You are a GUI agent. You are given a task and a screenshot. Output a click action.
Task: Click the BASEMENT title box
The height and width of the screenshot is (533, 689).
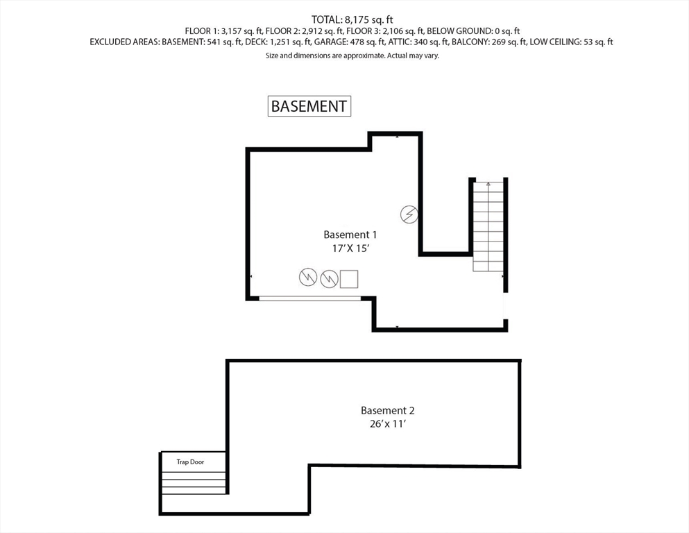[309, 106]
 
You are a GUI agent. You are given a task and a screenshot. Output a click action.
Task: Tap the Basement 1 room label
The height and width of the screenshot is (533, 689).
[350, 235]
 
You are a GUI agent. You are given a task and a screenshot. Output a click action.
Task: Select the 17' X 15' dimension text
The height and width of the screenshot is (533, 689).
[350, 248]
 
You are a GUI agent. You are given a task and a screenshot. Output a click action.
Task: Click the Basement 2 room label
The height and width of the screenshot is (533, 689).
[387, 410]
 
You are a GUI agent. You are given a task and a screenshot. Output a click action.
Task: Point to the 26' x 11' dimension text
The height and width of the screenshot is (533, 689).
[387, 423]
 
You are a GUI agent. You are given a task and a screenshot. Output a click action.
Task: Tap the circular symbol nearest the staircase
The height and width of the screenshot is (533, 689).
[409, 214]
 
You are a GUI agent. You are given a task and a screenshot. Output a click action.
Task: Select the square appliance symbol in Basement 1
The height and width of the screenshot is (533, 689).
[349, 278]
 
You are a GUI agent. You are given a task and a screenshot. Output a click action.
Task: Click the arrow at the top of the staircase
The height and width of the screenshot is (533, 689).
[488, 185]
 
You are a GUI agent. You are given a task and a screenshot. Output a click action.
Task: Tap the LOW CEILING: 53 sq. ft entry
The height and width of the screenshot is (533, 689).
[571, 42]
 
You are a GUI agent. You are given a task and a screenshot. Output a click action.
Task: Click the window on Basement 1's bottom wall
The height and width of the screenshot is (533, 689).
[310, 298]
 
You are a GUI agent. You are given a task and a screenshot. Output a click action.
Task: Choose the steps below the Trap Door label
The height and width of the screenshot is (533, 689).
[194, 482]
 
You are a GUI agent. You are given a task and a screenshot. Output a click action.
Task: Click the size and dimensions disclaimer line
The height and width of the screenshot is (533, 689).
[352, 56]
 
